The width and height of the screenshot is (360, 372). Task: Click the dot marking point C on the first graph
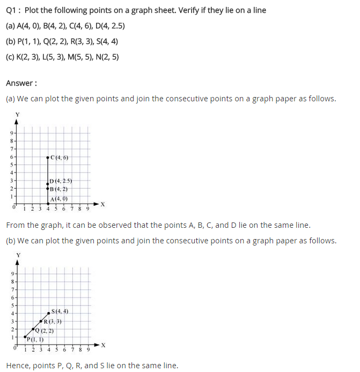point(48,157)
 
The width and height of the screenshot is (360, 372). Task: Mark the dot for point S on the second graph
point(49,313)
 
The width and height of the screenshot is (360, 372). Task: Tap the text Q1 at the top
point(12,11)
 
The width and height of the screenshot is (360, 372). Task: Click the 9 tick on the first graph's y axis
point(12,132)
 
